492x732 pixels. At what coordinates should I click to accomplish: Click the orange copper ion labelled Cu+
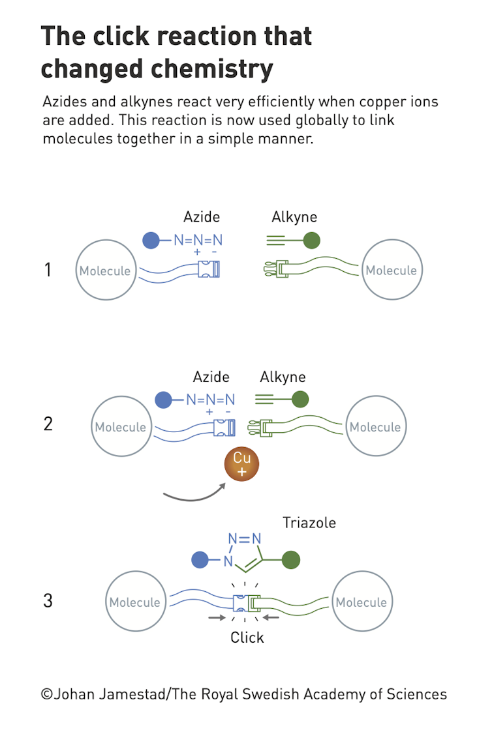241,464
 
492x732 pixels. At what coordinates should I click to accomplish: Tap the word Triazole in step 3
309,522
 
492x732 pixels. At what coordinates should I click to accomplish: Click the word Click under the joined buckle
247,637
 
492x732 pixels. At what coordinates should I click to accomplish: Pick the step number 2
48,424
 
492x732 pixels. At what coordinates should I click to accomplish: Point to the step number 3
48,600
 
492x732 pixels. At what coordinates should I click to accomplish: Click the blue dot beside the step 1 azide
151,241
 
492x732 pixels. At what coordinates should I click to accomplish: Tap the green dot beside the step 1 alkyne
312,241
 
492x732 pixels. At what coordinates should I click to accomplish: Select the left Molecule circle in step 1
104,271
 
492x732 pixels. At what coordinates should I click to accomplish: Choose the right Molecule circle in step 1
391,271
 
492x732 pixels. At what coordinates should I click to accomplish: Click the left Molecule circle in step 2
120,427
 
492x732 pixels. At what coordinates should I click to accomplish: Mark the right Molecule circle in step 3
361,602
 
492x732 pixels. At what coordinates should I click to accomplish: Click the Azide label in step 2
211,377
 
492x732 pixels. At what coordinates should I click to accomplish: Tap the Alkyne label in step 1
294,217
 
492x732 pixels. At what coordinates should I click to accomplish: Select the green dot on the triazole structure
290,559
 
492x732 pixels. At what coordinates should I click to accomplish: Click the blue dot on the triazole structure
200,559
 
